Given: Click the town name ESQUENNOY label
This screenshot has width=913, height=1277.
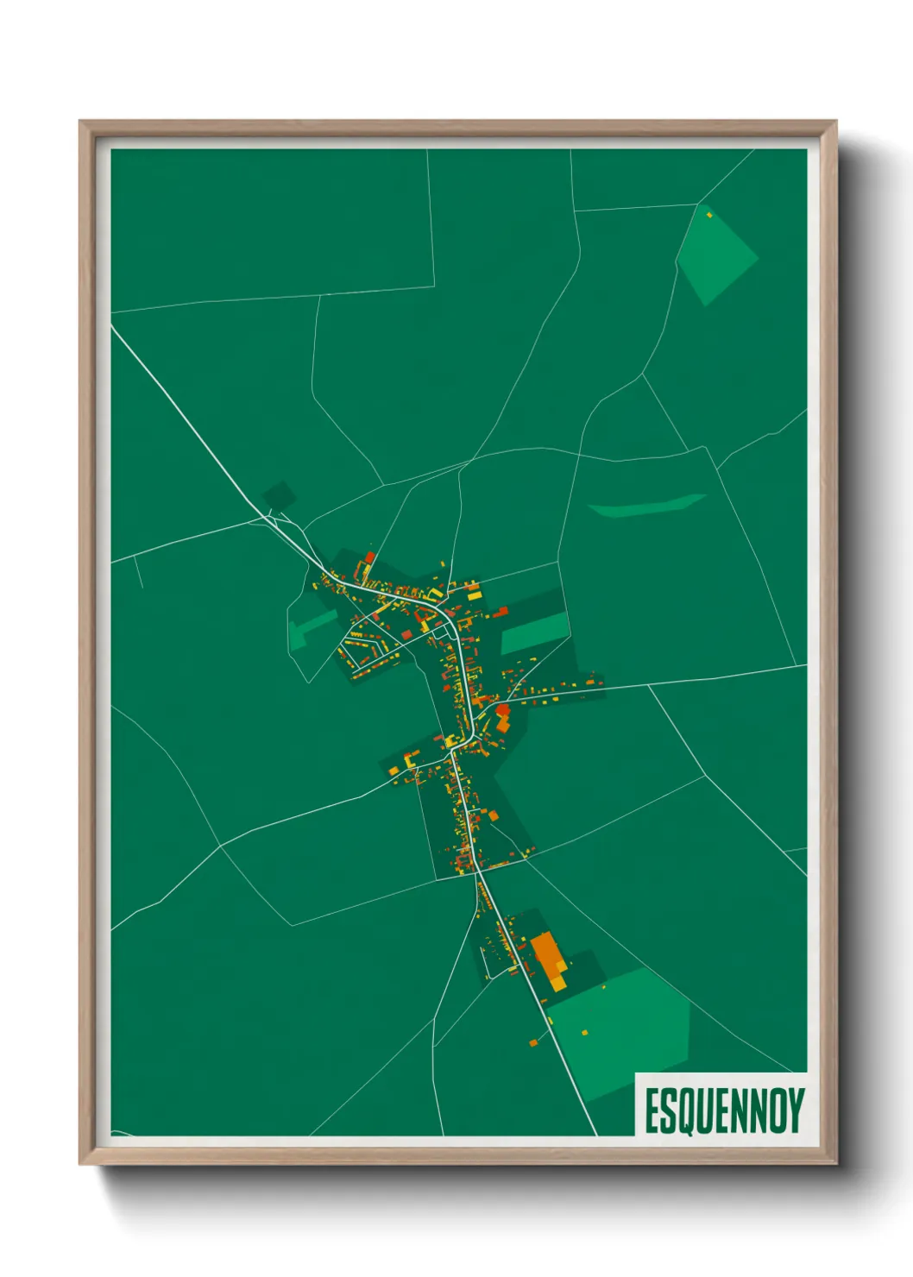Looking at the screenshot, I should pyautogui.click(x=724, y=1110).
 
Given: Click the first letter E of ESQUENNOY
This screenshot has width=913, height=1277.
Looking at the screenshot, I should pyautogui.click(x=652, y=1111).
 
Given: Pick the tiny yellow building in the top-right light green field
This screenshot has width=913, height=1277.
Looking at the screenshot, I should pyautogui.click(x=709, y=214).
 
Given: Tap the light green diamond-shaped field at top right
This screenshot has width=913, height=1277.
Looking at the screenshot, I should pyautogui.click(x=715, y=255).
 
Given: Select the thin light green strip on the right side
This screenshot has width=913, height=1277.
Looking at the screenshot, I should pyautogui.click(x=648, y=506).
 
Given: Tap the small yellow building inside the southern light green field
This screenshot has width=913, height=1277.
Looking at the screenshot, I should pyautogui.click(x=584, y=1032).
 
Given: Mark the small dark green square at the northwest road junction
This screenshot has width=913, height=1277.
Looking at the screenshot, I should pyautogui.click(x=279, y=496).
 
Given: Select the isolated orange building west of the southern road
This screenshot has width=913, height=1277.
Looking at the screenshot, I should pyautogui.click(x=532, y=1043).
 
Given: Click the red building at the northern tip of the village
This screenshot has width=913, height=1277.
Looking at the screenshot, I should pyautogui.click(x=370, y=557).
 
